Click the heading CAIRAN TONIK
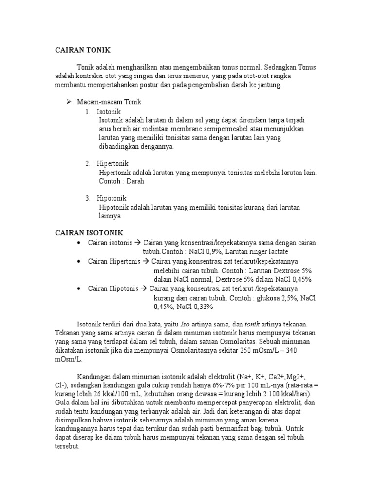tap(82, 50)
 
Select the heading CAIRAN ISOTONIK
tap(89, 233)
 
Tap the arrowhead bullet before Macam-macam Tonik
tap(69, 102)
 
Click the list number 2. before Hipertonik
tap(88, 163)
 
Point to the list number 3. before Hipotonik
tap(88, 198)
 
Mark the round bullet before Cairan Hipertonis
tap(79, 261)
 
